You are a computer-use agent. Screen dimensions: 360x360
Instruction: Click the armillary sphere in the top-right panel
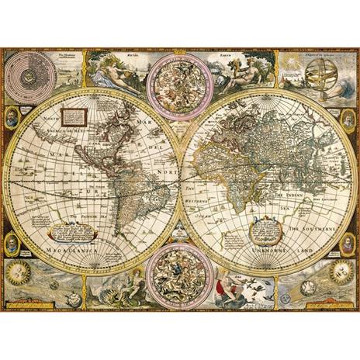(320, 78)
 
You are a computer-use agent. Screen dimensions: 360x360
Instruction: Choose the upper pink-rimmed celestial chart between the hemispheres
(180, 85)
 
